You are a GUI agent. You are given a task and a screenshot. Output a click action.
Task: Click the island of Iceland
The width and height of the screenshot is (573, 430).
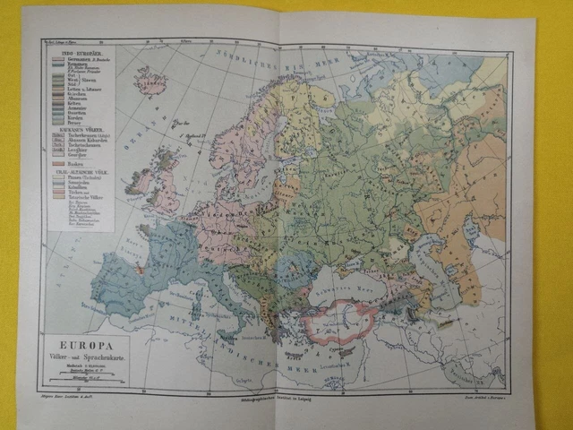tap(150, 82)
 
